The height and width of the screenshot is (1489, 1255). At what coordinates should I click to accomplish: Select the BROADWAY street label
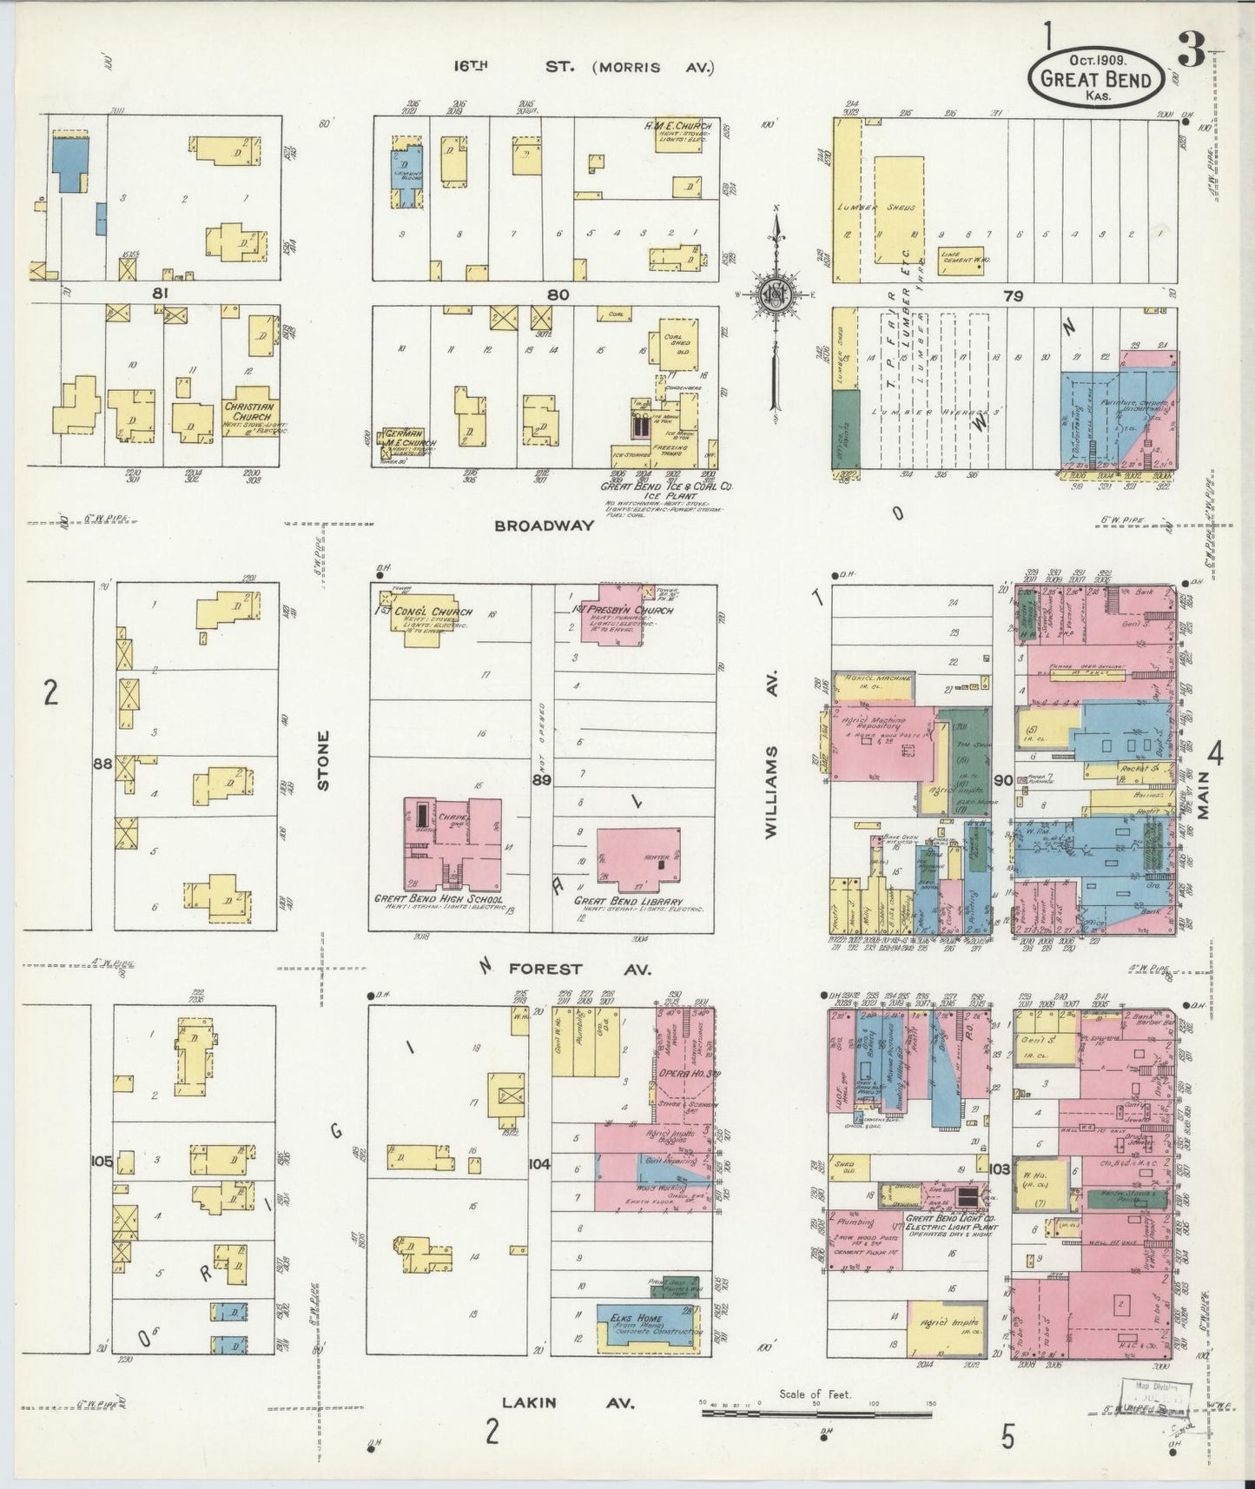click(x=545, y=526)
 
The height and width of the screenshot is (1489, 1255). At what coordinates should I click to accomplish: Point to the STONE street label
click(x=324, y=761)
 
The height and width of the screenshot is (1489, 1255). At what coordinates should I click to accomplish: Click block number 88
click(x=103, y=764)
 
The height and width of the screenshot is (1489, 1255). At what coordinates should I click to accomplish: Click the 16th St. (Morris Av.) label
click(x=581, y=67)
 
